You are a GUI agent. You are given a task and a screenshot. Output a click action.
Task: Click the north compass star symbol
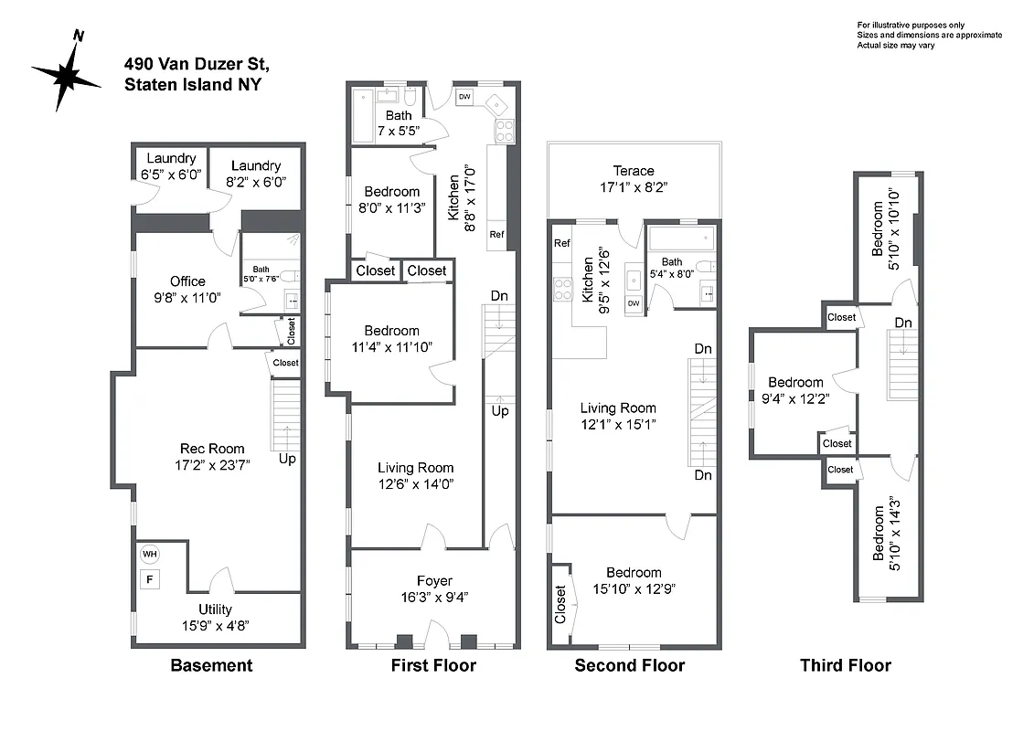(x=66, y=75)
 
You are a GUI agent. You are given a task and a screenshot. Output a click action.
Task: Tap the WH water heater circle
(x=148, y=554)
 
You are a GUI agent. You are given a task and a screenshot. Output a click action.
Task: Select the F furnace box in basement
(x=148, y=577)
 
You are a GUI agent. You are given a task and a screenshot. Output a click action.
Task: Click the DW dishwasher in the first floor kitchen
(x=464, y=97)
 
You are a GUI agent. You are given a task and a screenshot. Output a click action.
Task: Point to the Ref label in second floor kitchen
(x=562, y=244)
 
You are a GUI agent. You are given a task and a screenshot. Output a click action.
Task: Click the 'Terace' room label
(x=634, y=171)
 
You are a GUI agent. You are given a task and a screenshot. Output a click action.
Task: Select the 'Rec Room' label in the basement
(x=212, y=449)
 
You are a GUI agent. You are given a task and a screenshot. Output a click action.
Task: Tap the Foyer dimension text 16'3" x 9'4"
(x=434, y=597)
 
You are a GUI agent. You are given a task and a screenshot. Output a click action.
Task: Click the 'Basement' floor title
(x=211, y=665)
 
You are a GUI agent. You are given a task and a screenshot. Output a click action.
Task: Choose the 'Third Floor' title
(x=845, y=665)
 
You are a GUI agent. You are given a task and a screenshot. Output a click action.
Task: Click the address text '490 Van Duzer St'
(x=197, y=64)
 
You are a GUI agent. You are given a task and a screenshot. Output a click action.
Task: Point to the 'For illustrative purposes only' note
(x=910, y=25)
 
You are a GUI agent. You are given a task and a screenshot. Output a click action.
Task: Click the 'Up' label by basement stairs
(x=287, y=458)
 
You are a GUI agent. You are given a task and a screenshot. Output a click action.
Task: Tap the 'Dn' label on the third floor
(x=903, y=323)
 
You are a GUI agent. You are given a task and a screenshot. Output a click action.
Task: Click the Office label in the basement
(x=187, y=281)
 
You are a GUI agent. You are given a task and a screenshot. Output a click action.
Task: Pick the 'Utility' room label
(x=216, y=609)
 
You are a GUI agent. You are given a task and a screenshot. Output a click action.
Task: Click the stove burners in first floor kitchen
(x=503, y=131)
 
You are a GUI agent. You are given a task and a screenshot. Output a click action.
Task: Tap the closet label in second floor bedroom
(x=560, y=605)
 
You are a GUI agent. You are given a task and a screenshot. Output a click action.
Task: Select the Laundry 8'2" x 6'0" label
(x=256, y=165)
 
